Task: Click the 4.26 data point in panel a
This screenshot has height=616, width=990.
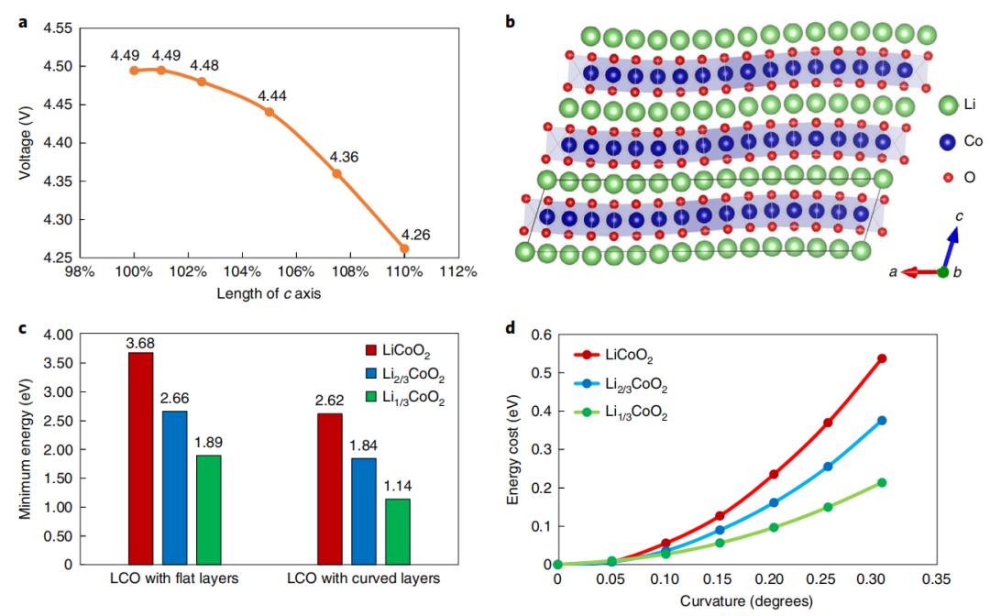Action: (404, 248)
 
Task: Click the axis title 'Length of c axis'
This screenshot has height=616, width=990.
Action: (268, 293)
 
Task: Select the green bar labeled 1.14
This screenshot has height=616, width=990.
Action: (399, 532)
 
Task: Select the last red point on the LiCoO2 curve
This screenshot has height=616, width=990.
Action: (882, 358)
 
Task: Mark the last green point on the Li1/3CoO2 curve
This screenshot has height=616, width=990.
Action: (882, 482)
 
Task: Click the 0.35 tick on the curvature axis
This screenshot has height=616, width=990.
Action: (935, 578)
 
